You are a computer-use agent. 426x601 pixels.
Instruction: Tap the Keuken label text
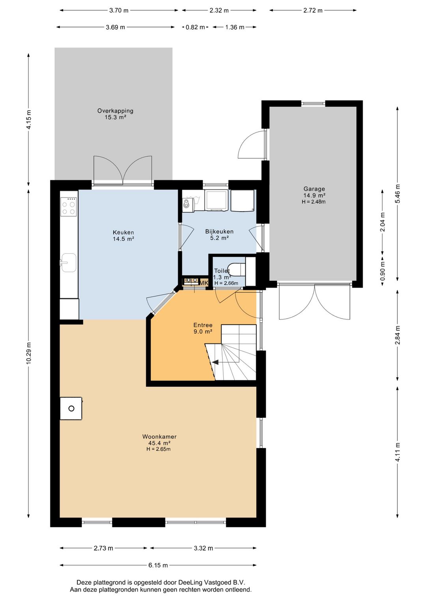tap(123, 232)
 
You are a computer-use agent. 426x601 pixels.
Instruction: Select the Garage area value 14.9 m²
tap(314, 195)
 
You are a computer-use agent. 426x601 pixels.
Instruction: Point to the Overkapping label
tap(115, 111)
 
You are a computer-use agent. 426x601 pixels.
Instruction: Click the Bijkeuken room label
tap(219, 231)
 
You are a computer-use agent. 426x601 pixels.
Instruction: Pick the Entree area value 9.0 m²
tap(203, 331)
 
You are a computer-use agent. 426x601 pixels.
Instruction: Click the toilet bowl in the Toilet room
tap(238, 269)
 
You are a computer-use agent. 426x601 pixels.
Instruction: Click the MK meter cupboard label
tap(204, 283)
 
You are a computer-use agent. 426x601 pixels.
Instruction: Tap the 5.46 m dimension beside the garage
tap(398, 193)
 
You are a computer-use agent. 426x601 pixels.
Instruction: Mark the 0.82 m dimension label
tap(195, 27)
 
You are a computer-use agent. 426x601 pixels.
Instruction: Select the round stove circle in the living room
tap(71, 408)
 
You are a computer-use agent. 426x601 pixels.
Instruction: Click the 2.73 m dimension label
tap(103, 548)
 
